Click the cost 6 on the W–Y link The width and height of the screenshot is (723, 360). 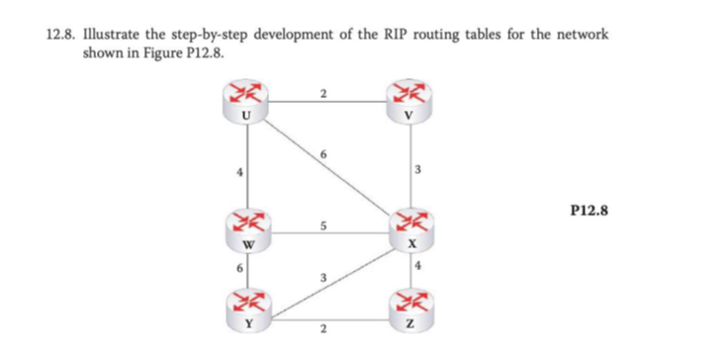click(238, 267)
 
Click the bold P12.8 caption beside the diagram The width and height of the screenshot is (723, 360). click(590, 210)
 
